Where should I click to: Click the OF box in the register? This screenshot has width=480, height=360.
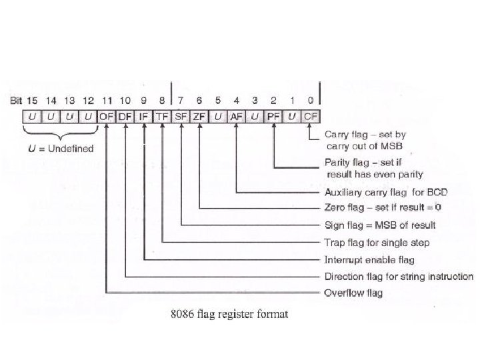[107, 116]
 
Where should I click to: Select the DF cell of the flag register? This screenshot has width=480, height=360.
[125, 116]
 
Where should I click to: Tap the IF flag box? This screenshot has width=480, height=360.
[144, 116]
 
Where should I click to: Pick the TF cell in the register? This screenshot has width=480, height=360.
[163, 116]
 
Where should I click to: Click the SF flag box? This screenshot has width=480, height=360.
[181, 116]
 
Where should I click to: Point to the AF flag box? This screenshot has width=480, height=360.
[236, 116]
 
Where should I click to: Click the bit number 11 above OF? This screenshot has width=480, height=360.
[107, 100]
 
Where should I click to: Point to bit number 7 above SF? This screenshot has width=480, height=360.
[181, 100]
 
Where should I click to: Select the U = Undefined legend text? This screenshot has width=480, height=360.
[61, 147]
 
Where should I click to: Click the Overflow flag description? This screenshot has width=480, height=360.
[353, 293]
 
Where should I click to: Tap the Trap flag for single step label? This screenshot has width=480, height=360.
[377, 242]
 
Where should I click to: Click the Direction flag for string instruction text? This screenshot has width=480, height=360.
[399, 276]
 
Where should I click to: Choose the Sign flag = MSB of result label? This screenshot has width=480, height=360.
[379, 225]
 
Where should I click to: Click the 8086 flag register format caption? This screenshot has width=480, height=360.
[229, 313]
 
